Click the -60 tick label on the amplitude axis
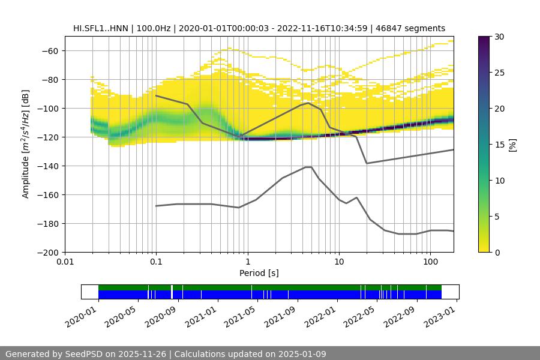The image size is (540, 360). [49, 50]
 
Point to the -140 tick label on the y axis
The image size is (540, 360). [47, 166]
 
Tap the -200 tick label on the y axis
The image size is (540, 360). [47, 252]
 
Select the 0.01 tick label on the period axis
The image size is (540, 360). [65, 262]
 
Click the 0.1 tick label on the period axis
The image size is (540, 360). [156, 262]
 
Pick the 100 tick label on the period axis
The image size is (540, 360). [430, 262]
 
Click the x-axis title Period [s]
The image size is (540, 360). [259, 273]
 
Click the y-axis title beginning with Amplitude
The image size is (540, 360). [26, 144]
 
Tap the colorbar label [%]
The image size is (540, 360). [512, 144]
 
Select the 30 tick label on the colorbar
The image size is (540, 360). [499, 37]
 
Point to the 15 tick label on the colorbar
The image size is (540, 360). [499, 144]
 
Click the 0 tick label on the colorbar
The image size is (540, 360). [497, 252]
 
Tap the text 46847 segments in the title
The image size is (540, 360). [415, 28]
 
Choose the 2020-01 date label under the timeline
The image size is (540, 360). [80, 313]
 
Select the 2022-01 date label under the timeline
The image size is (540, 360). [320, 313]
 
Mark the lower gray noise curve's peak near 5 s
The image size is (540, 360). [308, 167]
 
